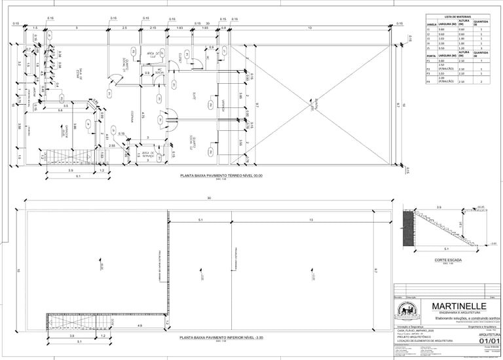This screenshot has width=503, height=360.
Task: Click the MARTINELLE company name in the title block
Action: tap(458, 306)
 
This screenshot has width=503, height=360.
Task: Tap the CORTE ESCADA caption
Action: tap(449, 260)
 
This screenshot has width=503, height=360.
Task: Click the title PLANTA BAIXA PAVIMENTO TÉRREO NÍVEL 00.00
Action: tap(225, 176)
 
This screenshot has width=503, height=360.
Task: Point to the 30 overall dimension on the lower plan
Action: tap(209, 198)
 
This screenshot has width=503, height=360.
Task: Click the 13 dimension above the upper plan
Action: tap(309, 28)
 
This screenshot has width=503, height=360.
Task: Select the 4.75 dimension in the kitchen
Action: tap(143, 116)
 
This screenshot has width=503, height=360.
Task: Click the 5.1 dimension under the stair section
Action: tap(447, 249)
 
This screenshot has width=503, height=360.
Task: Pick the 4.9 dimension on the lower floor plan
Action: tap(140, 325)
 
